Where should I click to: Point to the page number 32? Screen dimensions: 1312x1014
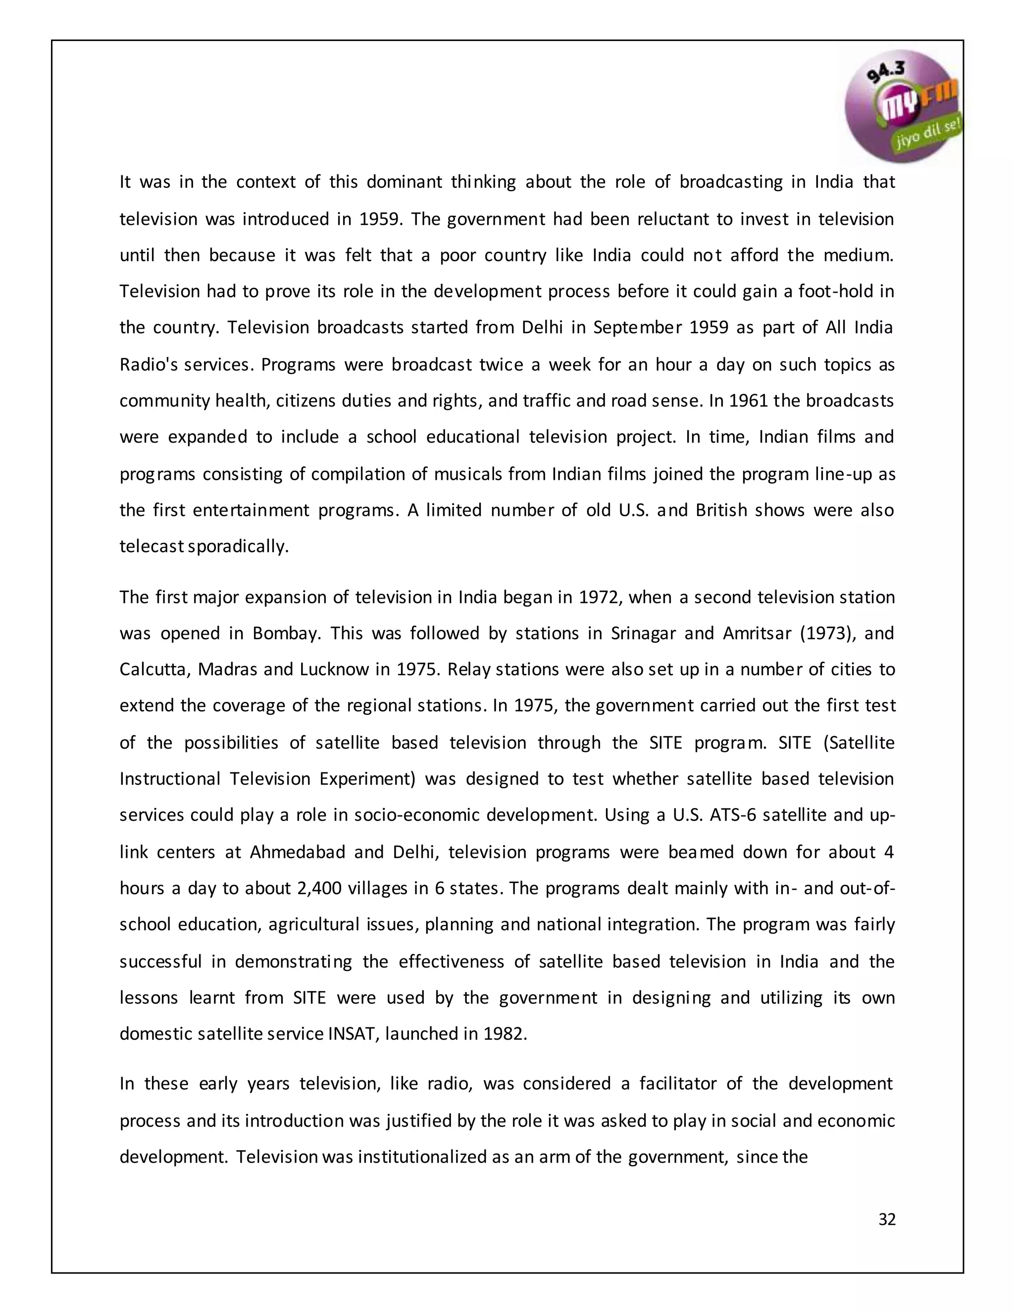[887, 1219]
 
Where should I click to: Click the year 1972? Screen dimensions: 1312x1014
[599, 597]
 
